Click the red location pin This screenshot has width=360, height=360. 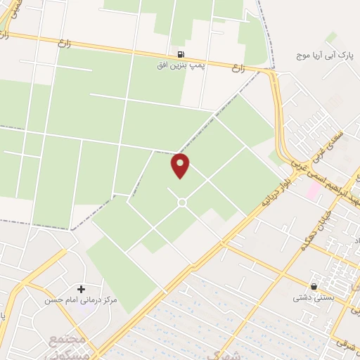pos(181,165)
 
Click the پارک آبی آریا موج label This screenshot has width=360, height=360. pos(324,54)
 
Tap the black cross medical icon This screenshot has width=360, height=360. pos(81,289)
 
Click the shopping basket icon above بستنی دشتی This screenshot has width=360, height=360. pos(313,286)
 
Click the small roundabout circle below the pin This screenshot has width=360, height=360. pos(181,202)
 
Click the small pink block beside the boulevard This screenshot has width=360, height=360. pos(311,189)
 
